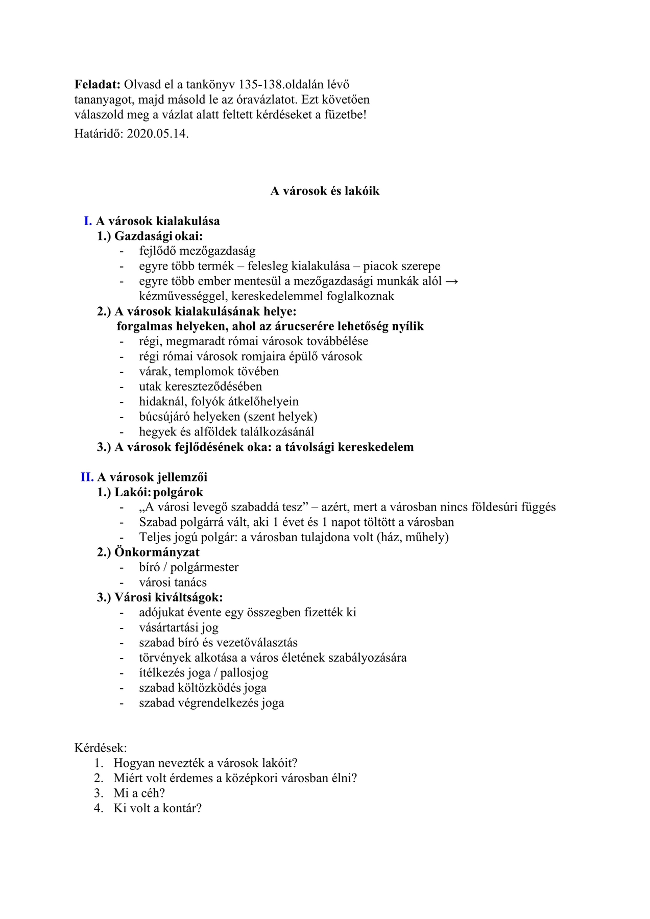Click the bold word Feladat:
pyautogui.click(x=97, y=85)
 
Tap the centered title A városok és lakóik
pyautogui.click(x=325, y=191)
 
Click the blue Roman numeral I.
pyautogui.click(x=88, y=221)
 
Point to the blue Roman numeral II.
pyautogui.click(x=87, y=477)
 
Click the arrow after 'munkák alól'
pyautogui.click(x=452, y=281)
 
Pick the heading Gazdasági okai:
pyautogui.click(x=158, y=236)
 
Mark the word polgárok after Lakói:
pyautogui.click(x=178, y=492)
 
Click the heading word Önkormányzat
pyautogui.click(x=157, y=552)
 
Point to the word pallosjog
pyautogui.click(x=244, y=673)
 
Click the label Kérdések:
pyautogui.click(x=101, y=748)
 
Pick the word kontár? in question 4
pyautogui.click(x=182, y=808)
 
